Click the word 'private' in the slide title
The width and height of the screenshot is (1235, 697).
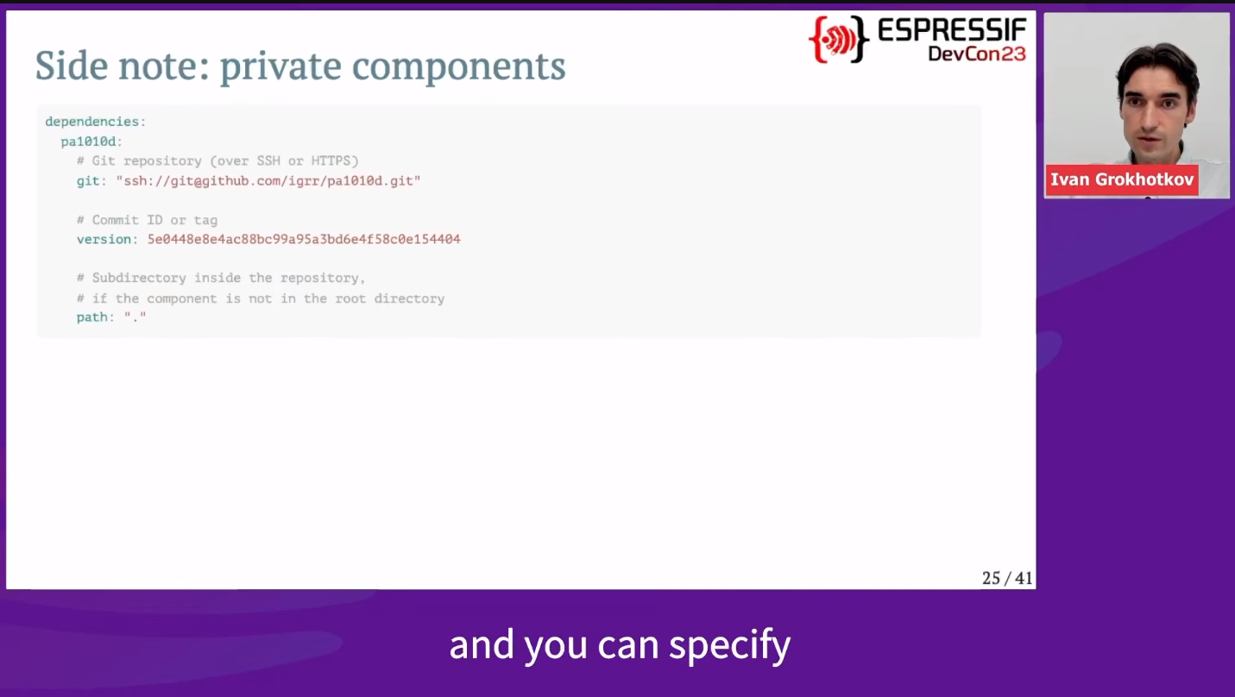[280, 66]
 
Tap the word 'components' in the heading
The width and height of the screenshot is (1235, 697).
[459, 66]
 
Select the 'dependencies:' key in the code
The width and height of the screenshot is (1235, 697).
[96, 122]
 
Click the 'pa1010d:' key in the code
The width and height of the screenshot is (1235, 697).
[91, 141]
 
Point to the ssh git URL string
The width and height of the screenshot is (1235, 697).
[268, 181]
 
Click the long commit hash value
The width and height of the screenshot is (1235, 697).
[304, 239]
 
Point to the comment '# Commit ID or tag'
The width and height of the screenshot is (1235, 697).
[148, 220]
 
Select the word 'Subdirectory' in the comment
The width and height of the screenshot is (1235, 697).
[139, 278]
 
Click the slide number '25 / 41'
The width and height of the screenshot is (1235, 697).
[1007, 578]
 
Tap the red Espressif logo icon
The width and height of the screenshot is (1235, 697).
[839, 39]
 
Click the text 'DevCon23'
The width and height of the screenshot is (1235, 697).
[977, 53]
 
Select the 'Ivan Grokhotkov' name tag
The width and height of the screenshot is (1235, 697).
[1122, 179]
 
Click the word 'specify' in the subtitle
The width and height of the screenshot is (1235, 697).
[730, 645]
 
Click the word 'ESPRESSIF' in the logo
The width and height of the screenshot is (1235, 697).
[952, 29]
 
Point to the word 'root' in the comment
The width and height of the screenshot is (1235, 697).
[350, 298]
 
